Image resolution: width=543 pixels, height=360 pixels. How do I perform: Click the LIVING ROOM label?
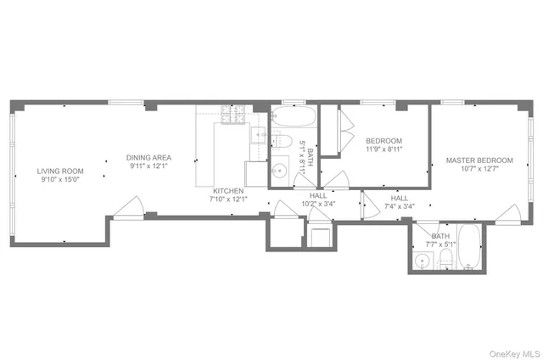[x=59, y=170]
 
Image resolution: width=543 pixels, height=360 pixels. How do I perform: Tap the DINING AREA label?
[x=150, y=157]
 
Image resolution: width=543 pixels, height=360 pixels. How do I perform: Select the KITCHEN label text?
[x=229, y=190]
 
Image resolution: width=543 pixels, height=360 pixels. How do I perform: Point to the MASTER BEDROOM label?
[x=479, y=160]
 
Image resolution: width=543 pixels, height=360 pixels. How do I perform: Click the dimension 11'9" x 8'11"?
[x=383, y=149]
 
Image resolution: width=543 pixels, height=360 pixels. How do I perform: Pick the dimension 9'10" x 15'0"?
[x=59, y=179]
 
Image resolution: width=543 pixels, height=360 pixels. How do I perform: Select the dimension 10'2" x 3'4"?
[x=318, y=204]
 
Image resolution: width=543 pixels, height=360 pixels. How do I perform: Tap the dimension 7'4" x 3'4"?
[x=399, y=205]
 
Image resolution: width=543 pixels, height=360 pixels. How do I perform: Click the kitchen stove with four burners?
[x=232, y=113]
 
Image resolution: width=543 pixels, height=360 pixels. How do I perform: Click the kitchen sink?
[x=258, y=136]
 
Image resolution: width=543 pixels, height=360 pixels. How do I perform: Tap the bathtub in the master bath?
[x=469, y=247]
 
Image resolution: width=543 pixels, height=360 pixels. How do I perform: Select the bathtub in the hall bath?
[x=294, y=115]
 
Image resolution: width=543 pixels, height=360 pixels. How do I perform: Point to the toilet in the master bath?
[x=445, y=258]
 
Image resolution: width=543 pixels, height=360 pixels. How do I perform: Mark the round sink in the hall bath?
[x=281, y=167]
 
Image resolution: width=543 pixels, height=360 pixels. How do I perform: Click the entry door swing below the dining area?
[x=128, y=208]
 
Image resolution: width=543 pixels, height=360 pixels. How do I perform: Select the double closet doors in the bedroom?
[x=347, y=132]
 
